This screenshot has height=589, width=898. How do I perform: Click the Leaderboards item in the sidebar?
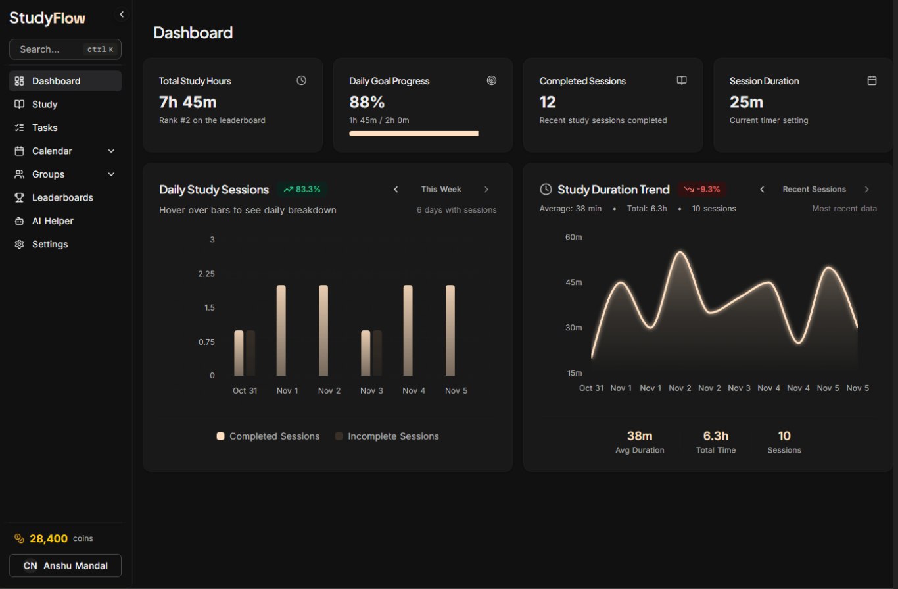click(x=62, y=197)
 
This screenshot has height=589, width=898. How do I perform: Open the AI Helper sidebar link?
click(x=53, y=221)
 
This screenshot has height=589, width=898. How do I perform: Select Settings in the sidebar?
click(x=50, y=244)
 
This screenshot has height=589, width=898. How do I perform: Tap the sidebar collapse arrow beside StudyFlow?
click(x=122, y=14)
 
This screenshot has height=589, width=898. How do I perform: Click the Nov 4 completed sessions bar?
click(x=408, y=330)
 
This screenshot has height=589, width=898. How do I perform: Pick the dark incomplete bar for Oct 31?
click(x=250, y=353)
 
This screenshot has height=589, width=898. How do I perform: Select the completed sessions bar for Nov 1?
click(x=281, y=330)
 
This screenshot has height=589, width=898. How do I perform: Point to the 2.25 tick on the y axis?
click(x=206, y=274)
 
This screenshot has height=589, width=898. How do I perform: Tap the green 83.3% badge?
click(x=302, y=190)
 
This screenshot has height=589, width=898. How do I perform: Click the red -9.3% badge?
click(x=702, y=190)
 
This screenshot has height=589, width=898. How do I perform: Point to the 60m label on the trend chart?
click(x=573, y=237)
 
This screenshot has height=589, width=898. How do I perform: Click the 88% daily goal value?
click(x=367, y=102)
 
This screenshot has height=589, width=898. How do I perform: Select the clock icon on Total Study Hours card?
click(x=302, y=80)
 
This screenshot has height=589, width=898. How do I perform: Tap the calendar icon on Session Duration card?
click(x=872, y=80)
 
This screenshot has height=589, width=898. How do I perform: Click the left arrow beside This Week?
click(x=396, y=190)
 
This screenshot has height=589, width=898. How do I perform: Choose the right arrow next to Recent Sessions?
click(x=866, y=190)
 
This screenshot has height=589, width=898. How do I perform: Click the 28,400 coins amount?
click(x=49, y=538)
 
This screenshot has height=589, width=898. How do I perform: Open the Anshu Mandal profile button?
click(x=65, y=566)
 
